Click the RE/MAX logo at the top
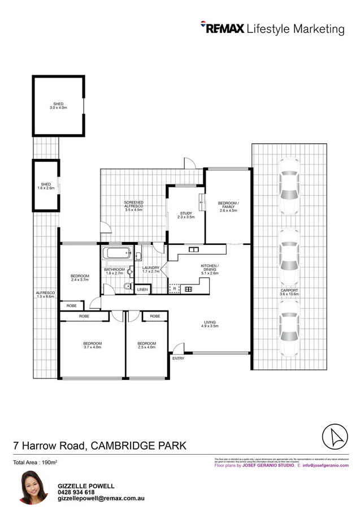222,28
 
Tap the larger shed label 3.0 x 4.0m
59,106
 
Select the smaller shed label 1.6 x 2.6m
46,186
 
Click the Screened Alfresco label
134,205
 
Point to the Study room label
185,215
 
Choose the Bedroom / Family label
228,206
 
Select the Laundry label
151,269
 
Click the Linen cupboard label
143,290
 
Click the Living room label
210,325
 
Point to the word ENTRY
178,358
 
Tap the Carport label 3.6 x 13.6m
289,292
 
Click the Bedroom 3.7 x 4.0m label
93,346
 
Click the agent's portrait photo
32,487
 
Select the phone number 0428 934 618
76,492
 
